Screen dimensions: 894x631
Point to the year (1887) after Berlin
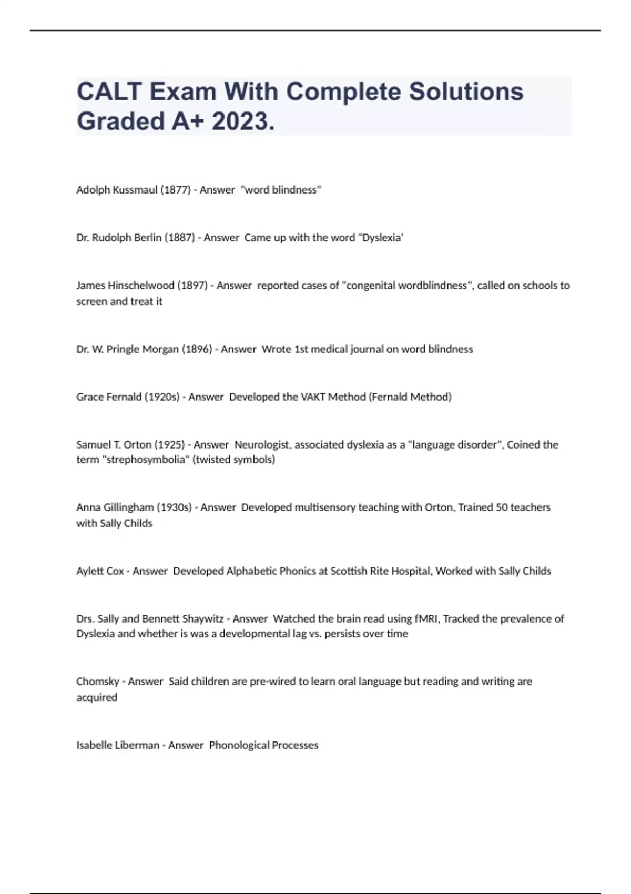point(179,238)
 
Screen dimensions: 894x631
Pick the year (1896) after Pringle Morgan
point(197,349)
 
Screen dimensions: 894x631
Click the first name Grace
point(90,397)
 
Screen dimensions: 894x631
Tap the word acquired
point(97,697)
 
